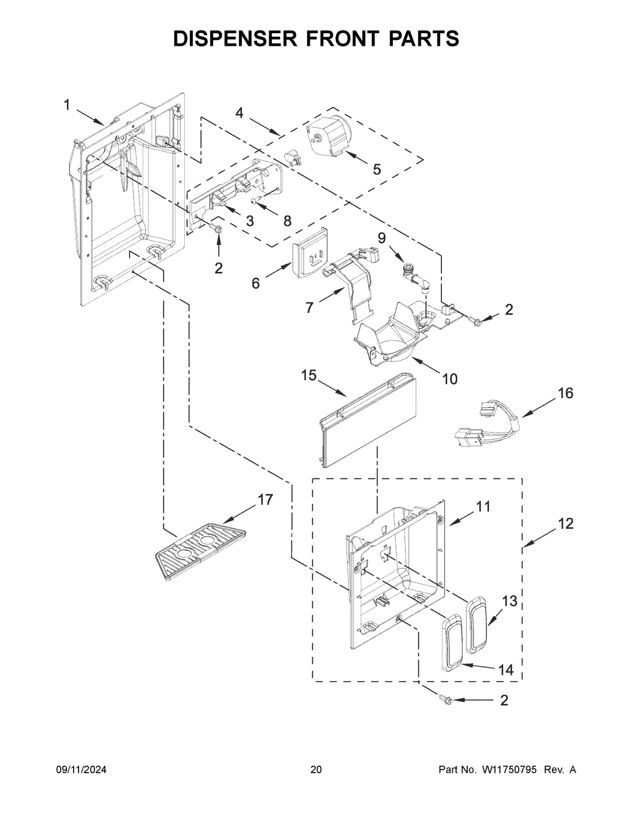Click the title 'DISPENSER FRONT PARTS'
[316, 38]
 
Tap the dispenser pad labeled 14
[451, 643]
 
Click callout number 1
[67, 105]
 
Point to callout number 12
[566, 524]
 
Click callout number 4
[240, 113]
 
